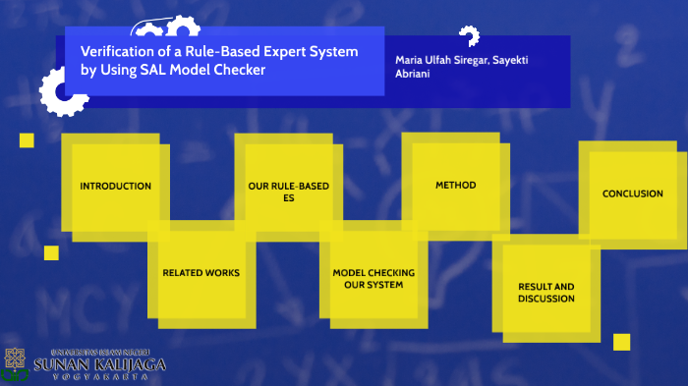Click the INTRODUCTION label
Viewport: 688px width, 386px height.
pyautogui.click(x=115, y=186)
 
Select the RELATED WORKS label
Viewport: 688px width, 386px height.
pyautogui.click(x=201, y=272)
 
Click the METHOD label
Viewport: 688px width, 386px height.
pyautogui.click(x=455, y=185)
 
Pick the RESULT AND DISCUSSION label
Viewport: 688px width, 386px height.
pyautogui.click(x=545, y=292)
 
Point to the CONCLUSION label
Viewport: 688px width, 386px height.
pyautogui.click(x=632, y=193)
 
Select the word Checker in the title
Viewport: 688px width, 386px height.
pyautogui.click(x=242, y=71)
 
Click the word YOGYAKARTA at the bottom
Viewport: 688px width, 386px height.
pyautogui.click(x=99, y=377)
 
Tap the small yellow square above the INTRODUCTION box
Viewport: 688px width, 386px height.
pyautogui.click(x=27, y=140)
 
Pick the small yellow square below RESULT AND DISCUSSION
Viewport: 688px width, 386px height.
pyautogui.click(x=621, y=342)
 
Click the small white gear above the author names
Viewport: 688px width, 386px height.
pyautogui.click(x=469, y=36)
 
